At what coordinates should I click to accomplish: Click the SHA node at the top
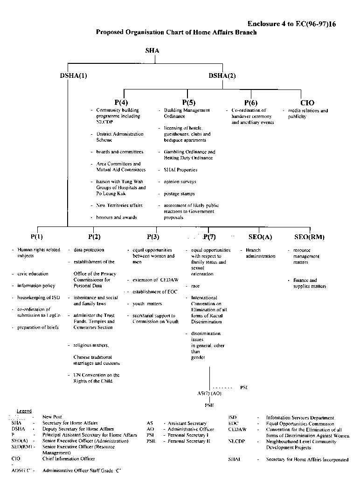click(x=152, y=50)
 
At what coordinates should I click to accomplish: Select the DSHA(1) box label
click(x=74, y=76)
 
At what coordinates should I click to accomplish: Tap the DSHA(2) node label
click(x=222, y=76)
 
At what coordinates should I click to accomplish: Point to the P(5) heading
click(x=188, y=103)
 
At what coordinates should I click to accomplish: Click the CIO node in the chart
click(x=307, y=103)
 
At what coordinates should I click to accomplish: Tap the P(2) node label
click(x=94, y=237)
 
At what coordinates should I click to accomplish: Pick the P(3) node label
click(x=152, y=237)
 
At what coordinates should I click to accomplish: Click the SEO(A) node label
click(x=260, y=237)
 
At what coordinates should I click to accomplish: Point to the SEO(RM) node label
click(x=310, y=237)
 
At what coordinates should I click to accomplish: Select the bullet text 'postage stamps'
click(x=179, y=194)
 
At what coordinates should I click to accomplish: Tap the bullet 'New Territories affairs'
click(x=119, y=205)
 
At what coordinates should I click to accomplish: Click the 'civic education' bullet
click(x=33, y=274)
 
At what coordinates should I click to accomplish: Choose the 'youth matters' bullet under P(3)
click(x=147, y=304)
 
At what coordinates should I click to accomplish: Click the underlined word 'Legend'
click(x=24, y=411)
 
